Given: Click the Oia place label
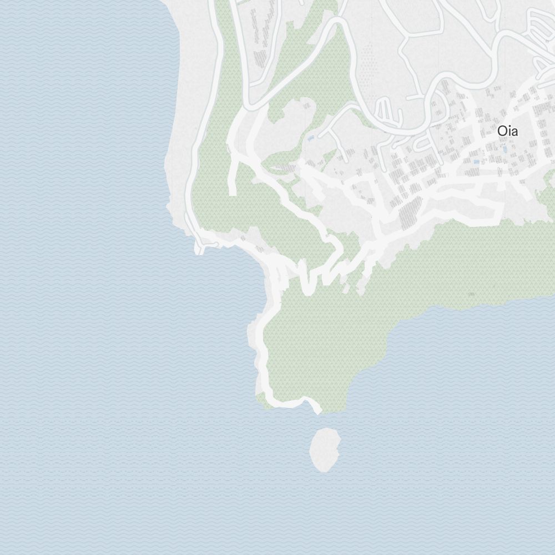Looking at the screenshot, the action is click(x=507, y=132).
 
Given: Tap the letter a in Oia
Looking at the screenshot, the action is click(x=514, y=133).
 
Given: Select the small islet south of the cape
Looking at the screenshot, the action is click(x=325, y=450).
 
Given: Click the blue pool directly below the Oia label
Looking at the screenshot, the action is click(x=504, y=149).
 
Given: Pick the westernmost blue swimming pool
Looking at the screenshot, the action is click(x=311, y=138).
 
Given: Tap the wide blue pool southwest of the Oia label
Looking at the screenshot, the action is click(x=476, y=162).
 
